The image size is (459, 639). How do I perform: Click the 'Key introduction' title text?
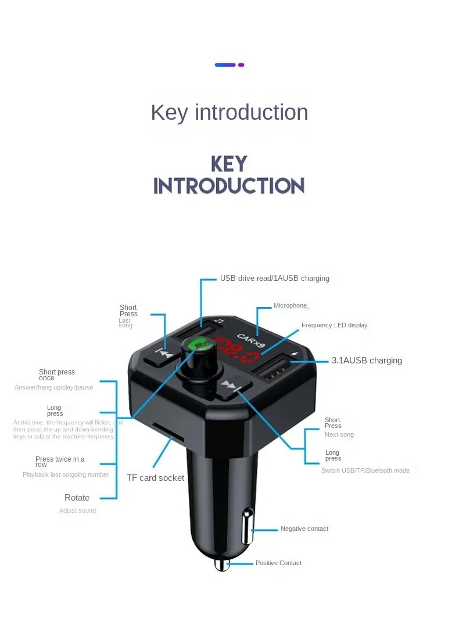coord(229,112)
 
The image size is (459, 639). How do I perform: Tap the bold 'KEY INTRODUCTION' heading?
coord(229,175)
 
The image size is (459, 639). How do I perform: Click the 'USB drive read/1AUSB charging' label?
coord(274,279)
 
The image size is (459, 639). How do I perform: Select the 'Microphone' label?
coord(290,306)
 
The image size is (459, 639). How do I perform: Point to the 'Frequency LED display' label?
coord(334,326)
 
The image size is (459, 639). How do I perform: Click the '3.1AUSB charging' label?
coord(367,360)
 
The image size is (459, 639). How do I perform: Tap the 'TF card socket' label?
coord(155,478)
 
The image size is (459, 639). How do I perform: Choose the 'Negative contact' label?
coord(304,529)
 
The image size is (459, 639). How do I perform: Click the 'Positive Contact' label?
coord(278,563)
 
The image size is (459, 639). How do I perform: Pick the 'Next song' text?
coord(339,435)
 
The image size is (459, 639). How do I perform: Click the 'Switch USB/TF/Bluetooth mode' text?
coord(365,470)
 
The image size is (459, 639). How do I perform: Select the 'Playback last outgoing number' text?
coord(66,475)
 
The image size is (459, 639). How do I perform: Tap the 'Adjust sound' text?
coord(77,511)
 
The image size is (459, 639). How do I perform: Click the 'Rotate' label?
coord(77,498)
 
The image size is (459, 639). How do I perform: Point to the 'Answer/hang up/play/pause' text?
coord(53,388)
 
